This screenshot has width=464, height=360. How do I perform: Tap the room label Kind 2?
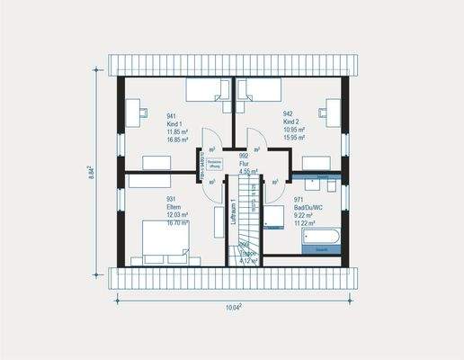[x=292, y=122]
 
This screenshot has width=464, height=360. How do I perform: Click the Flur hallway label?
[x=244, y=163]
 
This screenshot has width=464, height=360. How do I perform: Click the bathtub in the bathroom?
[x=320, y=238]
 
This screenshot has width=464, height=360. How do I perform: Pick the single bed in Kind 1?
[x=209, y=90]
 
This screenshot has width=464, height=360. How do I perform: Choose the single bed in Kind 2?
[x=257, y=90]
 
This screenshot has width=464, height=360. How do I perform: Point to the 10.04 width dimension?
[x=232, y=307]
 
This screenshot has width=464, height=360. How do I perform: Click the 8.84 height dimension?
[x=92, y=173]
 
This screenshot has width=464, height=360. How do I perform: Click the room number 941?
[x=172, y=116]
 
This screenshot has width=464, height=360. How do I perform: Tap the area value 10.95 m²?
[x=294, y=130]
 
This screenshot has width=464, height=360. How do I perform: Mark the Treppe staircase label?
[x=248, y=254]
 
